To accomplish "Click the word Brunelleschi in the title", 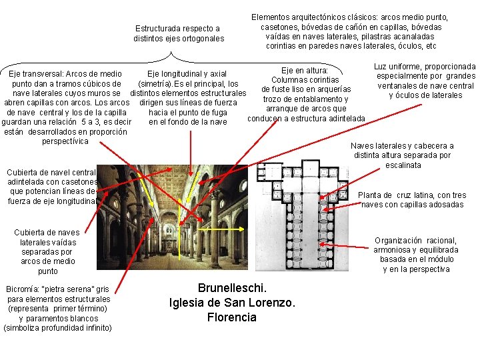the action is point(232,288).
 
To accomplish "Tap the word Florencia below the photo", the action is point(231,317).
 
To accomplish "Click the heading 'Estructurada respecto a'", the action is point(177,29).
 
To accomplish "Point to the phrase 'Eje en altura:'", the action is point(305,70).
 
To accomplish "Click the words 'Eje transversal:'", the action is point(33,74).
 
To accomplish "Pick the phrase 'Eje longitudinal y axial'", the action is point(187,74).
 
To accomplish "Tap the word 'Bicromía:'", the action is point(21,290).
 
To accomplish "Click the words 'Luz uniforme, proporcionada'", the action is point(425,67).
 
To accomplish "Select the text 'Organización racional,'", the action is point(415,241).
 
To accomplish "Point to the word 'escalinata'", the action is point(403,165).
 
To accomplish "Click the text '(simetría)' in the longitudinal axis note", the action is point(153,84).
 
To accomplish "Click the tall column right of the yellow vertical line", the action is point(214,220).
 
